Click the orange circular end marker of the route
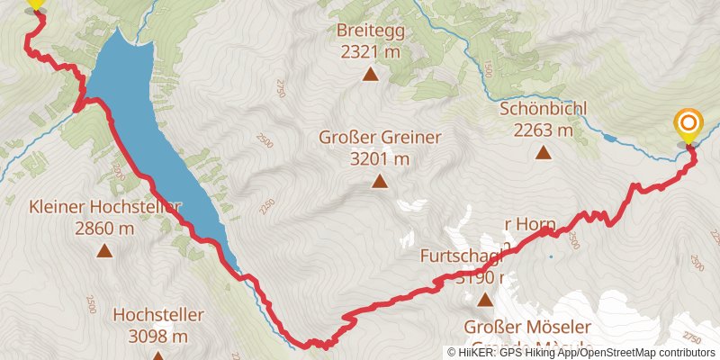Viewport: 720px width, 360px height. click(688, 123)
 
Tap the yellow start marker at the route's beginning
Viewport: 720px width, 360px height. click(35, 3)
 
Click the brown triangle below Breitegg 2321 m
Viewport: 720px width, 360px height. click(369, 74)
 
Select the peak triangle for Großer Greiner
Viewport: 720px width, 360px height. click(380, 183)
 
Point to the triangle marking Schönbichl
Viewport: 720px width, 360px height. click(543, 152)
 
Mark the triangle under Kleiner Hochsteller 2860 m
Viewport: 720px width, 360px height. click(104, 251)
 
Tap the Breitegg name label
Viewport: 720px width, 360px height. click(370, 31)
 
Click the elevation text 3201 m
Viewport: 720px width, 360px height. click(379, 159)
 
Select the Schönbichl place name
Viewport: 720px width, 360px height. click(544, 109)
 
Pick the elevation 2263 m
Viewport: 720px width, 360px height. click(544, 130)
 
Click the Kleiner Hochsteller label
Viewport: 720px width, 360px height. click(104, 207)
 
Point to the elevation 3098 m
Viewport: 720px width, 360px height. click(158, 337)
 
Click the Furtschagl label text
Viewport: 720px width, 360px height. click(461, 256)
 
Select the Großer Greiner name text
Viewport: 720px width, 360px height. click(379, 138)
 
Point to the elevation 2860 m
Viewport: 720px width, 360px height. click(104, 229)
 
